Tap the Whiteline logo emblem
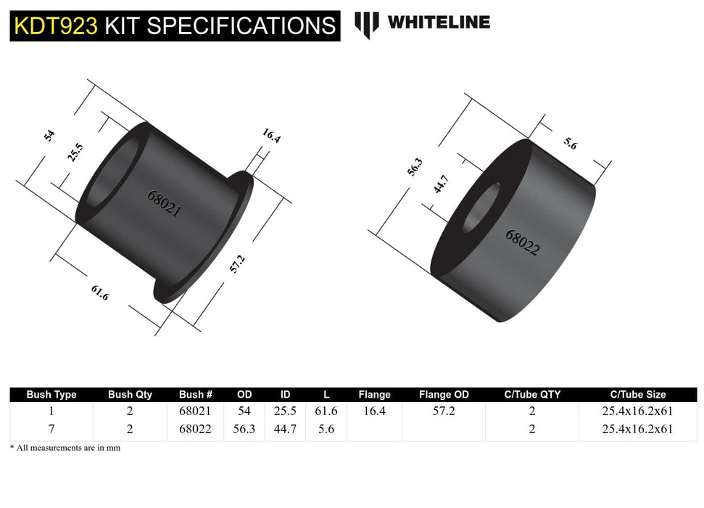(x=366, y=24)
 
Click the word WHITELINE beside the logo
(x=439, y=22)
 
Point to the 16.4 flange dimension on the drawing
(x=271, y=135)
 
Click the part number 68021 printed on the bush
(x=164, y=205)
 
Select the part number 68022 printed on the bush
(x=522, y=243)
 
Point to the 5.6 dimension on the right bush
(x=571, y=144)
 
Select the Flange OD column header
(x=444, y=395)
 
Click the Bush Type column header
(x=51, y=395)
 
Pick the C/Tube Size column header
(x=637, y=395)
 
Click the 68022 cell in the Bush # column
(x=195, y=429)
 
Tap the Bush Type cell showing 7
(x=51, y=429)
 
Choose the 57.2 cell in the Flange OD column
(x=444, y=411)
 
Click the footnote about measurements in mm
(x=65, y=448)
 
